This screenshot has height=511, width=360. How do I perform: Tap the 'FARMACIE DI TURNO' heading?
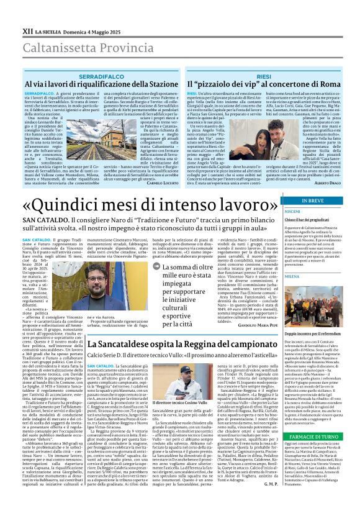pyautogui.click(x=312, y=436)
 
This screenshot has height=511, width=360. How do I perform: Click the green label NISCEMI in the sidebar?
pyautogui.click(x=294, y=211)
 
